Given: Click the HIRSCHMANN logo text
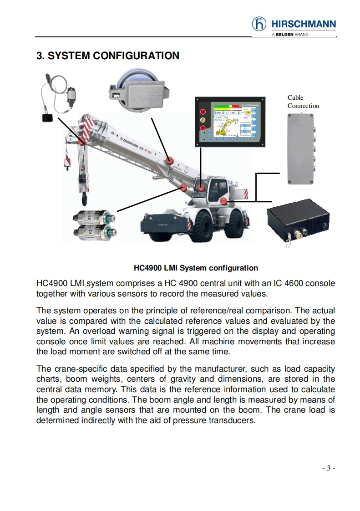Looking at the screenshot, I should (x=303, y=24).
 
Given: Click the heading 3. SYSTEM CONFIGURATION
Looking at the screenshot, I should (x=108, y=56).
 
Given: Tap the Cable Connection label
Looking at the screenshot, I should (x=303, y=102).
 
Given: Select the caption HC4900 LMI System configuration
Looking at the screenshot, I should (x=196, y=268).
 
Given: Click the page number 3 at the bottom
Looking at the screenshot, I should (x=329, y=468).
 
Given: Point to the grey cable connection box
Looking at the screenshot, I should (x=301, y=148).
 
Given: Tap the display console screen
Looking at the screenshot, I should (x=229, y=120).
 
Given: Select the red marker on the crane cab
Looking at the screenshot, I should (x=201, y=187).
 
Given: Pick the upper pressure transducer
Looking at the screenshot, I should (x=95, y=217).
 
